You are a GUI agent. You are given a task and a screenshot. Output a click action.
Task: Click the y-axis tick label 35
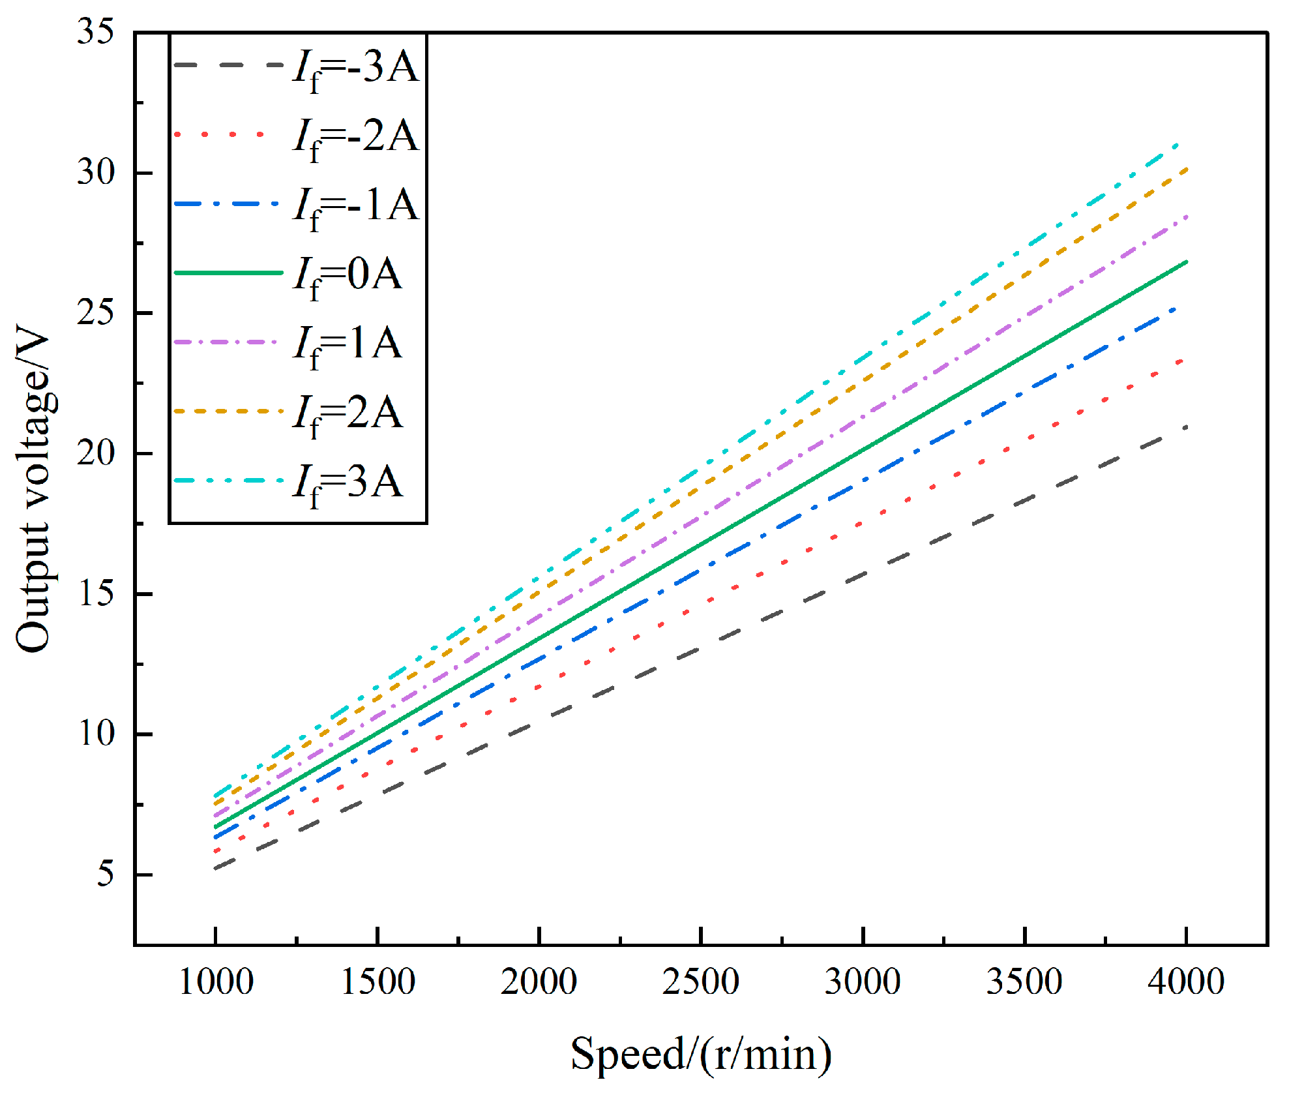point(95,31)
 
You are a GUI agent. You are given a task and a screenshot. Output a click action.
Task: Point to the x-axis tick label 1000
point(216,982)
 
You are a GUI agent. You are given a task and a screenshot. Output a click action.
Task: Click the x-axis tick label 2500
point(701,982)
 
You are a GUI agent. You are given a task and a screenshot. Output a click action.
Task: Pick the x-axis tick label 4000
point(1186,982)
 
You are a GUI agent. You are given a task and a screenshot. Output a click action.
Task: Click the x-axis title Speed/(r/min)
point(701,1054)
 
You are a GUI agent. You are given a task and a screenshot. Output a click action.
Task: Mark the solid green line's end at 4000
point(1186,262)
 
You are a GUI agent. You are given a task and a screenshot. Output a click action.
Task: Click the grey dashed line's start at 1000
point(216,868)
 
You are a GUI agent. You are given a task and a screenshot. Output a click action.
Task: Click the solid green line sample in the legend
point(228,273)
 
